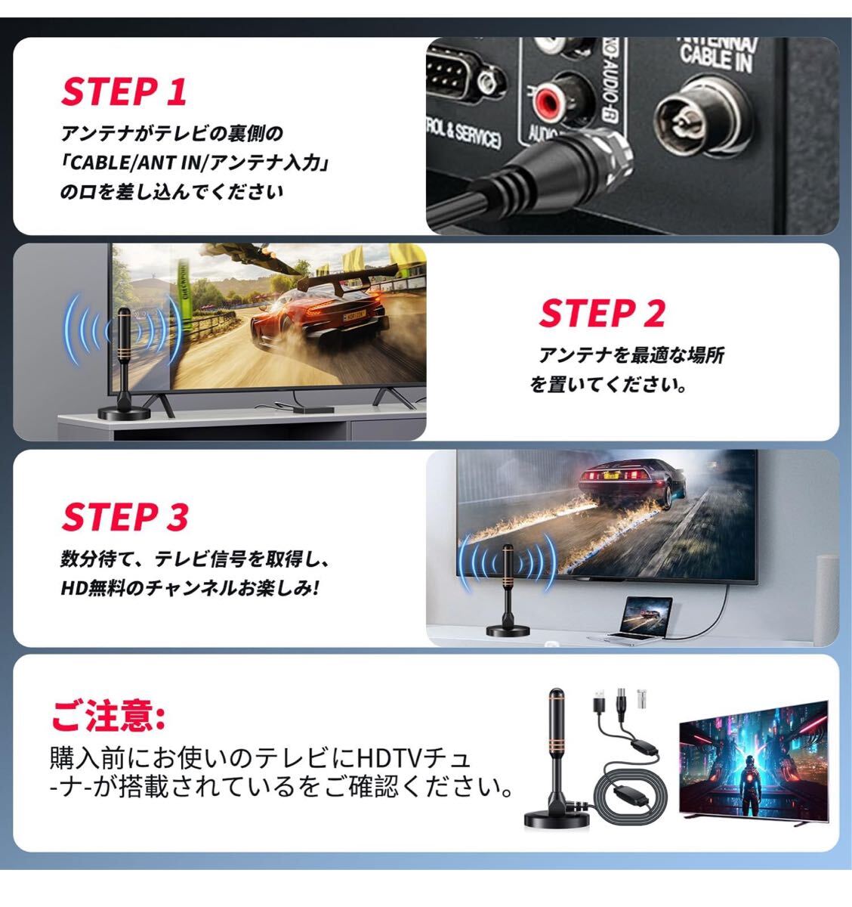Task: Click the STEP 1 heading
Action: coord(124,91)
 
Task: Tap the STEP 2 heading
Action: coord(602,313)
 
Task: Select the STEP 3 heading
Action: coord(125,517)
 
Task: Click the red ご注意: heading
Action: coord(108,715)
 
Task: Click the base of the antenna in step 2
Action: coord(124,413)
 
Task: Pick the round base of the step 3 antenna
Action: coord(508,630)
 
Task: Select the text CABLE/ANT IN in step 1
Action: coord(133,163)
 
